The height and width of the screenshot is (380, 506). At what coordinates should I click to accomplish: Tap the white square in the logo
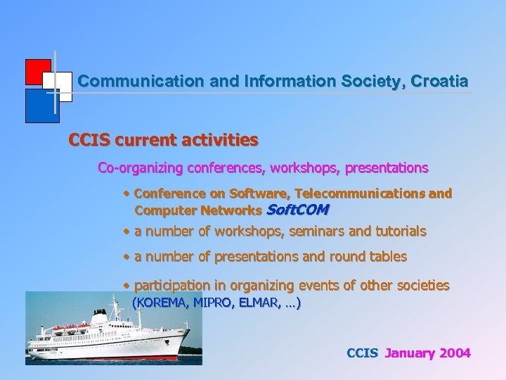pos(62,86)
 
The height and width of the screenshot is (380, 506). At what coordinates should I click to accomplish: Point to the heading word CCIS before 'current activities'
pos(89,140)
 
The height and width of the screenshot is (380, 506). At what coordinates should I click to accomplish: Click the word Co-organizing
pos(139,168)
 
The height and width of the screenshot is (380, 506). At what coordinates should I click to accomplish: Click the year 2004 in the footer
pos(455,353)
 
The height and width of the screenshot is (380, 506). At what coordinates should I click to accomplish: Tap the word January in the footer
pos(410,353)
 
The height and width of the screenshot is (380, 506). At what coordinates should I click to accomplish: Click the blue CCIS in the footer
pos(362,353)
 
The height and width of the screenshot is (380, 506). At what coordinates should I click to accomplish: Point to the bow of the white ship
pos(186,334)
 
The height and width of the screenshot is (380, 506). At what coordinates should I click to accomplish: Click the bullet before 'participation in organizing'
pos(126,285)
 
